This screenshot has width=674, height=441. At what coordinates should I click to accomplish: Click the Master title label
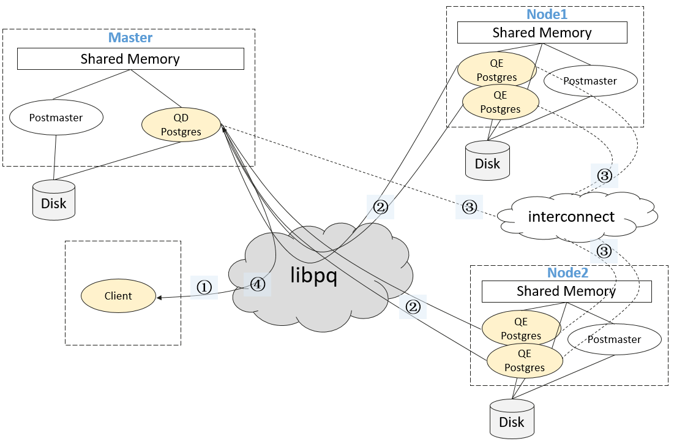tap(130, 37)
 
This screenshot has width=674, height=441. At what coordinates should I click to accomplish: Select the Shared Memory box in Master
tap(130, 59)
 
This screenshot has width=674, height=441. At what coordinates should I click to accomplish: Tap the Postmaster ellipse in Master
tap(56, 118)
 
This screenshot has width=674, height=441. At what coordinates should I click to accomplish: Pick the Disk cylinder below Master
tap(54, 200)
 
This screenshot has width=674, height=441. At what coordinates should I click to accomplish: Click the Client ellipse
tap(118, 296)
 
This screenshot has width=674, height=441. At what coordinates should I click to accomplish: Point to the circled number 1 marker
tap(204, 286)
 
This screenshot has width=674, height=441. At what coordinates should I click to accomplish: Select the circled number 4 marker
tap(257, 284)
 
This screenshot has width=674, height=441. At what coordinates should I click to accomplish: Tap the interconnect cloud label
tap(571, 216)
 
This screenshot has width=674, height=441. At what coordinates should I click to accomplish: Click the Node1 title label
tap(544, 14)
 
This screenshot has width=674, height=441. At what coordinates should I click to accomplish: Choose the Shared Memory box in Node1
tap(542, 33)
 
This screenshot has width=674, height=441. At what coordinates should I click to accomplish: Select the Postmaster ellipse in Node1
tap(590, 81)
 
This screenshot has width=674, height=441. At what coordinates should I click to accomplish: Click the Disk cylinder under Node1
tap(487, 160)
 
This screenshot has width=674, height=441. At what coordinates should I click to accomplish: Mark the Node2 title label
tap(568, 273)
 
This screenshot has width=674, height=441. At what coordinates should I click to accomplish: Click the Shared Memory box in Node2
tap(566, 292)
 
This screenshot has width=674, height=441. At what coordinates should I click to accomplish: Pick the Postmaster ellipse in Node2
tap(614, 339)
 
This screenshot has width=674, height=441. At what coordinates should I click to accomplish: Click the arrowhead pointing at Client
tap(160, 298)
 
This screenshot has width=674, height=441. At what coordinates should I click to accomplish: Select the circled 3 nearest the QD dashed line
tap(469, 207)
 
